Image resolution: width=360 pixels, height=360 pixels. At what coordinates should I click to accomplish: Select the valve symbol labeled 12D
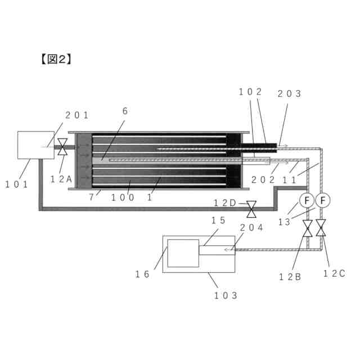pos(251,209)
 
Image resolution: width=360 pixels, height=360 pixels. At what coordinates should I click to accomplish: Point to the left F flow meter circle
pos(308,200)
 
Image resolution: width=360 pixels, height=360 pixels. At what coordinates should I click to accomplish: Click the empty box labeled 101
pos(35,145)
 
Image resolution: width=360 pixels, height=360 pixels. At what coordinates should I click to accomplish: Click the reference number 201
pos(77,115)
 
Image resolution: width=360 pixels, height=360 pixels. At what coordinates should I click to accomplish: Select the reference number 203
pos(290,94)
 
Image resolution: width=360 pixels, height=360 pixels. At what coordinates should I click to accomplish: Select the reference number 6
pos(125,111)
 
